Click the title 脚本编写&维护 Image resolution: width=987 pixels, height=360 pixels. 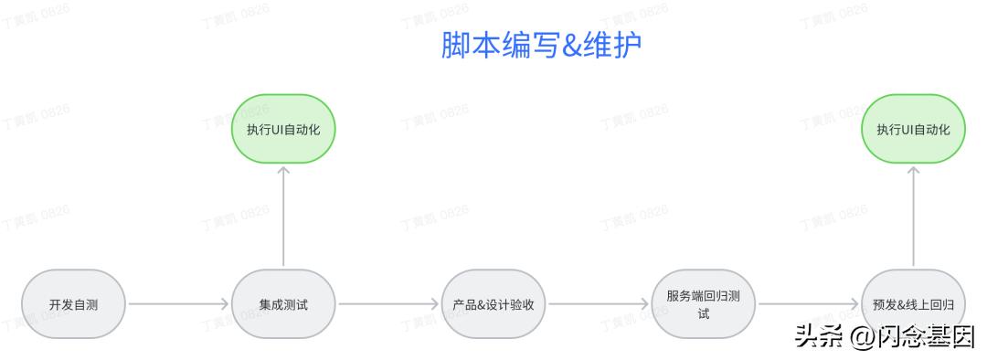[541, 47]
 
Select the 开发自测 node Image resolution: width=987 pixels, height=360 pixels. [73, 304]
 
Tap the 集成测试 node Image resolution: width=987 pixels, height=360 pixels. [283, 304]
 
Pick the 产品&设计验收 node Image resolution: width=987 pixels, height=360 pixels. [493, 304]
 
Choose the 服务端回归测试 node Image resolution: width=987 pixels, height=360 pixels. [704, 304]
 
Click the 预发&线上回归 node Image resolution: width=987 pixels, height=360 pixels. [914, 304]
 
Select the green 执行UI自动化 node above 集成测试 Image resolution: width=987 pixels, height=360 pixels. [283, 129]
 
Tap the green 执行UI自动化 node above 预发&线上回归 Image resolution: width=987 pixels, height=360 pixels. [914, 129]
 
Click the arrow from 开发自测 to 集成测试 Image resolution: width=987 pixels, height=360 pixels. [178, 304]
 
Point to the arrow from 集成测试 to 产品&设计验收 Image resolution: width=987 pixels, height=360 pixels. [388, 304]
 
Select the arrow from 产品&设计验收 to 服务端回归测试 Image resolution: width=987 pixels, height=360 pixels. [599, 304]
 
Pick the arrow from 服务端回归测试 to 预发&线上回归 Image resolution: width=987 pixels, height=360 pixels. [809, 304]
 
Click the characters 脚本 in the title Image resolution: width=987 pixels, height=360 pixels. [471, 47]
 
